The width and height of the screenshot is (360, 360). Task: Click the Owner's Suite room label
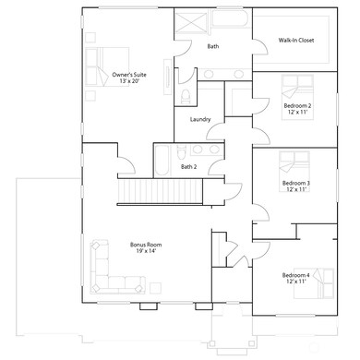(x=128, y=74)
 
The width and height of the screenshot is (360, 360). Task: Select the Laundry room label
(x=200, y=119)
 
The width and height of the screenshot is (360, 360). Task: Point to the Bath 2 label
(x=188, y=167)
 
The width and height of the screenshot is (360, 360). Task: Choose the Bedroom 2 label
(x=296, y=106)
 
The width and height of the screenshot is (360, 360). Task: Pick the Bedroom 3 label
(x=295, y=183)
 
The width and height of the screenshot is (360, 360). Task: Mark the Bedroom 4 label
(x=295, y=274)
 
